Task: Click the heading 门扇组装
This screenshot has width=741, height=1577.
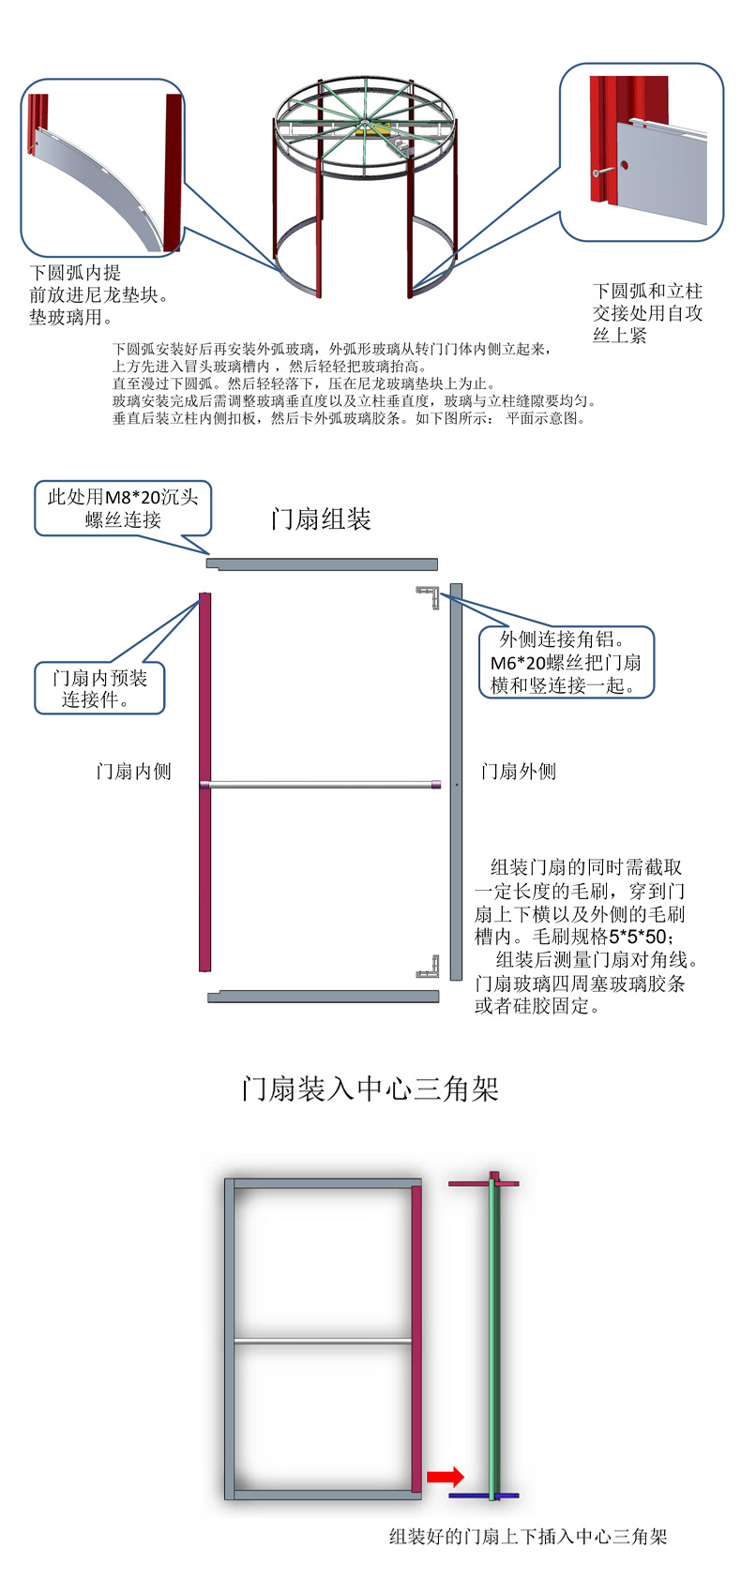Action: click(x=321, y=519)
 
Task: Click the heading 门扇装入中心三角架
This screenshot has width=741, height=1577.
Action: click(x=370, y=1089)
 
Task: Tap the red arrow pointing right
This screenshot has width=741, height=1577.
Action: click(x=446, y=1477)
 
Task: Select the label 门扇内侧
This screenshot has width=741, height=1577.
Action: click(x=134, y=771)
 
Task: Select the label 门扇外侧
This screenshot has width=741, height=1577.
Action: click(x=518, y=771)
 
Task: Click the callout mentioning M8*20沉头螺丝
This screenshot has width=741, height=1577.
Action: click(x=123, y=508)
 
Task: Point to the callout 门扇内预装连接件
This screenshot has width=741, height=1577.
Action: click(x=99, y=688)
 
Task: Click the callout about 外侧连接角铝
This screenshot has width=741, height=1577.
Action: click(x=566, y=662)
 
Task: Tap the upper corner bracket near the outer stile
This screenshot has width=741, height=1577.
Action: click(x=431, y=595)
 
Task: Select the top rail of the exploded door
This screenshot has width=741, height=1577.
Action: click(x=322, y=563)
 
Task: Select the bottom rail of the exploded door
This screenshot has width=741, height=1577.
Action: click(x=322, y=997)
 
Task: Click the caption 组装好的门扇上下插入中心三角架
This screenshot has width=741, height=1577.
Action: click(x=528, y=1537)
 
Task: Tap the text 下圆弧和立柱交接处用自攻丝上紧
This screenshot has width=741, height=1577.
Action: click(x=647, y=313)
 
